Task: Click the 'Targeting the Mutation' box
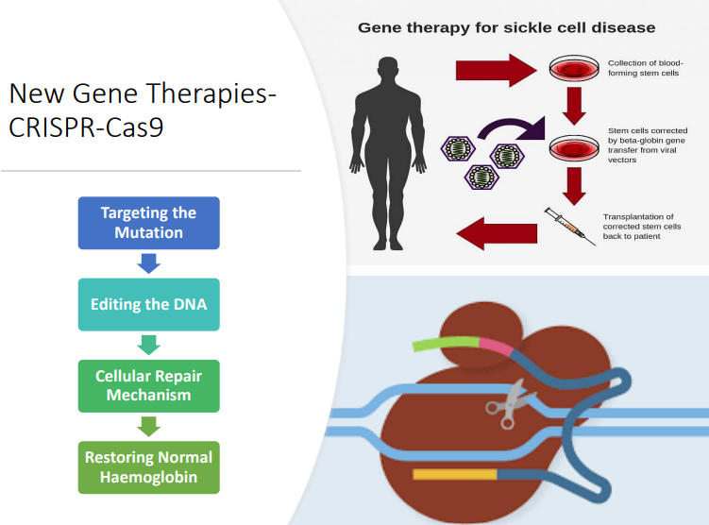point(147,223)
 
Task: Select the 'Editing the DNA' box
point(147,304)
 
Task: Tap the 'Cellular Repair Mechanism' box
point(147,385)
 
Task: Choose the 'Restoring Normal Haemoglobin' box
point(147,466)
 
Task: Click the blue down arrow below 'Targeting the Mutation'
point(147,263)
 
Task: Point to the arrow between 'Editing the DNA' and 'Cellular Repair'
point(147,345)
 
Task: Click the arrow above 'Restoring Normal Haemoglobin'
point(147,426)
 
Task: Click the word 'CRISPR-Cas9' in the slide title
point(86,127)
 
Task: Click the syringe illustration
point(570,226)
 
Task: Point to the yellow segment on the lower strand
point(455,473)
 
